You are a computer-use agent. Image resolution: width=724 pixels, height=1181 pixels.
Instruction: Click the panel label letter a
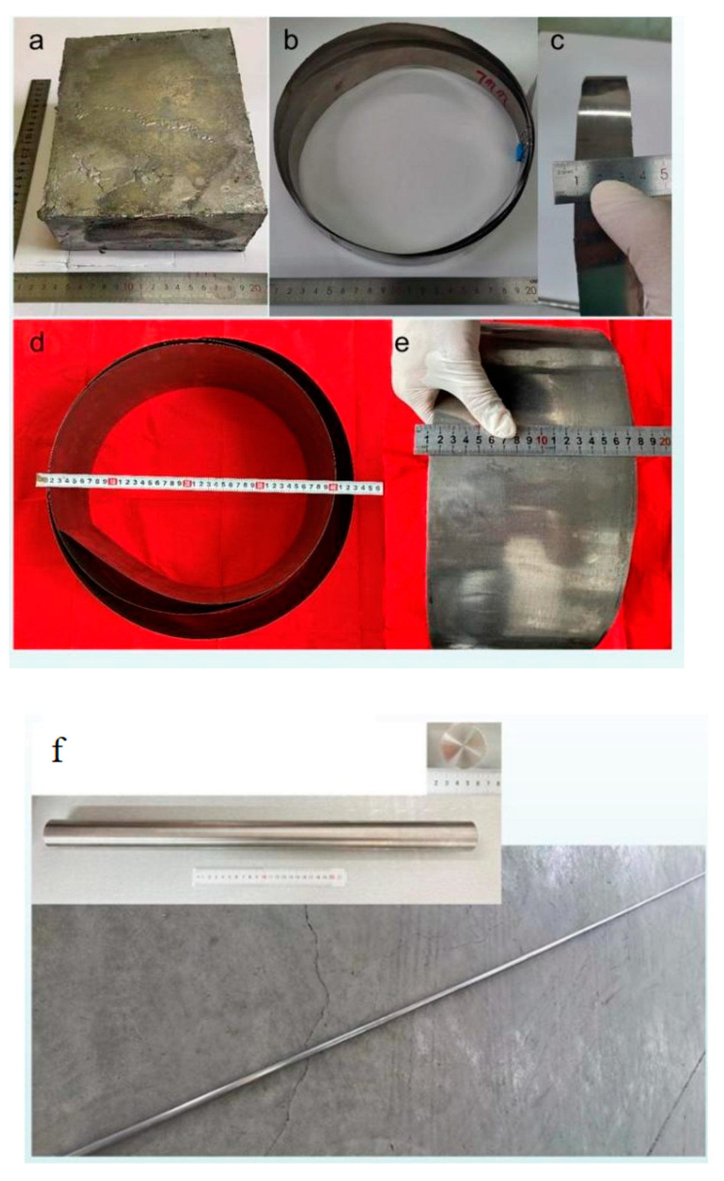[x=36, y=41]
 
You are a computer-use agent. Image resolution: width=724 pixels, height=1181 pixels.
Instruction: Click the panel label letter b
[x=291, y=41]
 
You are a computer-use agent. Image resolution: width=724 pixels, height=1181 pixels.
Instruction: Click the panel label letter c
[x=557, y=41]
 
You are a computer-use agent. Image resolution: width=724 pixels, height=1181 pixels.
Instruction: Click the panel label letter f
[x=58, y=750]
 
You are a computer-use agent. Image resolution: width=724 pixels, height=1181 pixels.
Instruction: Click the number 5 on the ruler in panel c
[x=663, y=174]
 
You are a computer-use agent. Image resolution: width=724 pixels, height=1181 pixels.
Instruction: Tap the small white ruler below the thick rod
[x=268, y=877]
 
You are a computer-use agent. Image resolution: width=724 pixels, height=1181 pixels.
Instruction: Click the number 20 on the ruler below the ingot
[x=255, y=287]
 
